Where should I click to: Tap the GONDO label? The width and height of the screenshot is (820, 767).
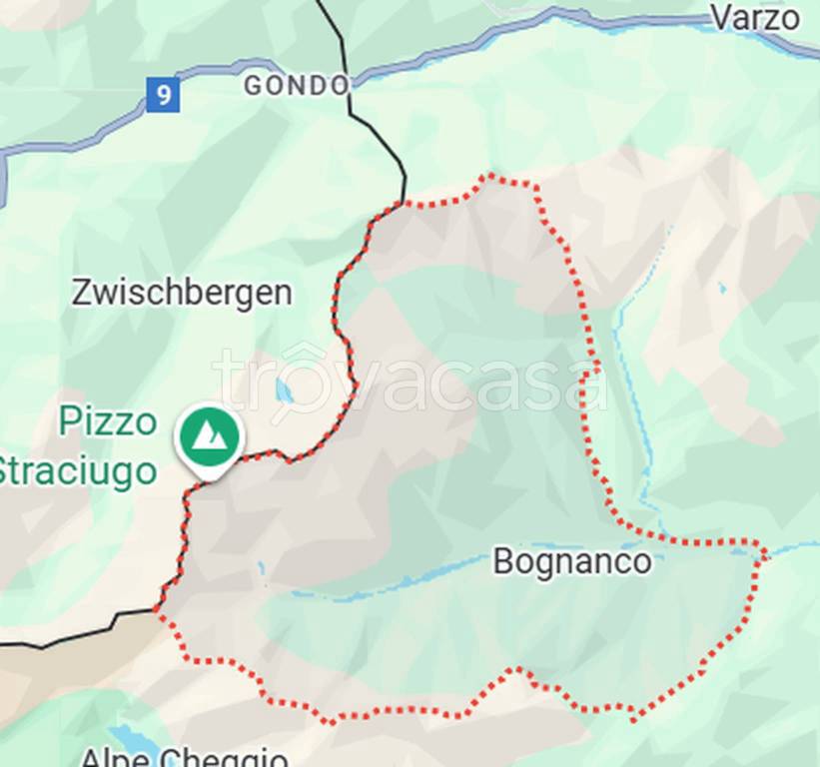pos(297,86)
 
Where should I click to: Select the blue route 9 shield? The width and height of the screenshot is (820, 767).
pos(162,96)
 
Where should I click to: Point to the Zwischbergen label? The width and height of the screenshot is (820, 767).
pos(182,294)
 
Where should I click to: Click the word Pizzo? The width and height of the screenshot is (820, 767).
pos(108,421)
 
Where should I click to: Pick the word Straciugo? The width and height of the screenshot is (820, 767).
pos(78,470)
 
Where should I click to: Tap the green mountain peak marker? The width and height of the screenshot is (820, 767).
pos(210,436)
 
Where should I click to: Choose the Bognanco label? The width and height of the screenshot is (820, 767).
pos(572,561)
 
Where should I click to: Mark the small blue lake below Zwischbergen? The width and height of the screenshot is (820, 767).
pos(285,390)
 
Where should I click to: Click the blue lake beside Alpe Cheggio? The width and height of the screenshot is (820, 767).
pos(140,744)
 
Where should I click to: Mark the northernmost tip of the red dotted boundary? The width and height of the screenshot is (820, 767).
pos(489,176)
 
